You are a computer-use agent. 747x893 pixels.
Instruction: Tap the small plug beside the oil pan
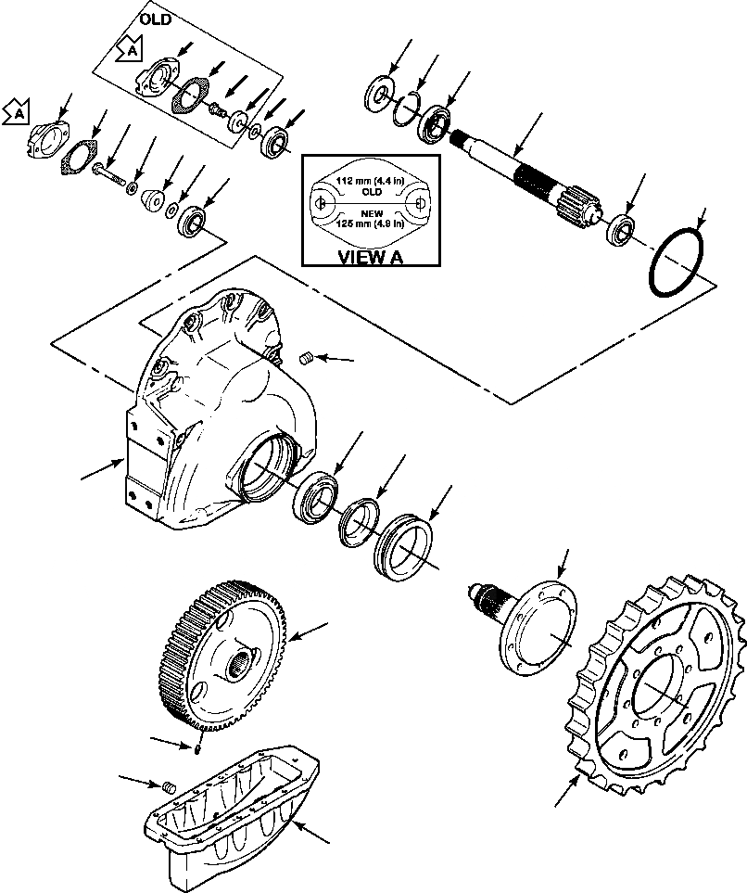coord(169,787)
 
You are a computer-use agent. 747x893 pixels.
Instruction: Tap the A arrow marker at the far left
coord(15,113)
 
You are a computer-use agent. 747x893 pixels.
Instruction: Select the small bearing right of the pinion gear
coord(619,230)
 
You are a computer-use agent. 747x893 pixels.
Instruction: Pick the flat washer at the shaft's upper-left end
coord(379,96)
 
